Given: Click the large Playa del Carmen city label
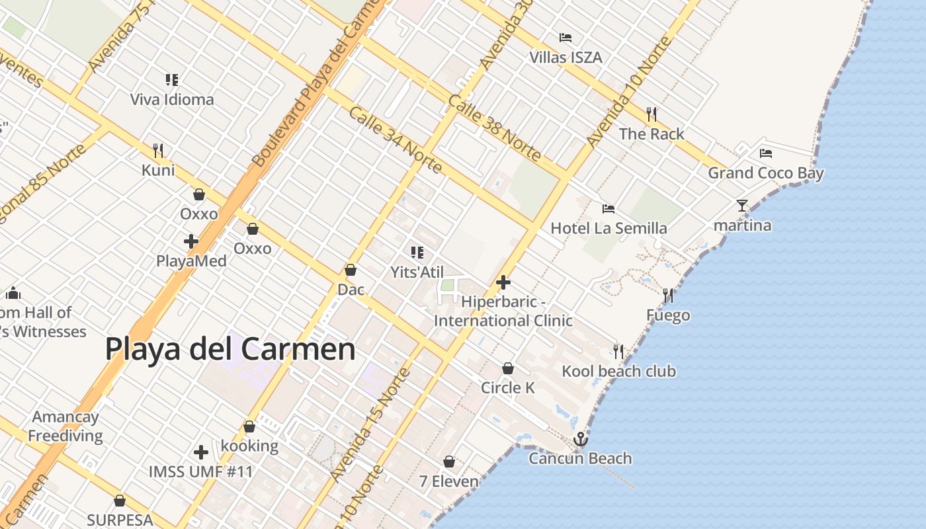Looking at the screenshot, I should coord(230,349).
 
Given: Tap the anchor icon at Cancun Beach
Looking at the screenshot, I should coord(580,439).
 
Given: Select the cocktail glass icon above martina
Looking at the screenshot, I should coord(741,206).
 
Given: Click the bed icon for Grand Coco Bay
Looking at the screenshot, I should coord(766,153).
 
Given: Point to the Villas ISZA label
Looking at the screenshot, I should coord(566,58).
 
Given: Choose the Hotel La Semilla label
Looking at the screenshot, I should coord(609,229).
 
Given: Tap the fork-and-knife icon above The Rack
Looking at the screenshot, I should coord(652,114).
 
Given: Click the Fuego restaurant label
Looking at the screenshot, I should coord(668,315).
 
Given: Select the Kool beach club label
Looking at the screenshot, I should coord(618,371).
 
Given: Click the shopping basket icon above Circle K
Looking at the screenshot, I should coord(508,368).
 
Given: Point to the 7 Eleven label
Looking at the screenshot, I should coord(448,481).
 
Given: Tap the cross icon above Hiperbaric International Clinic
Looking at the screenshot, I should coord(503,282).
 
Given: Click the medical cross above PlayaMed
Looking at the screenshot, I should coord(191,241).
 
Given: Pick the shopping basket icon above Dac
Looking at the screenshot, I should coord(351,270).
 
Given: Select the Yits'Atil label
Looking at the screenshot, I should coord(417,272).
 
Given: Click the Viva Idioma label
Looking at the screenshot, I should coord(172,100).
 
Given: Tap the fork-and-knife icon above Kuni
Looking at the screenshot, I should coord(158,151).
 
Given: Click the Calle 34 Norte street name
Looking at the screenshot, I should coord(396,140).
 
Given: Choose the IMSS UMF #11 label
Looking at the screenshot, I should coord(200,472).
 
